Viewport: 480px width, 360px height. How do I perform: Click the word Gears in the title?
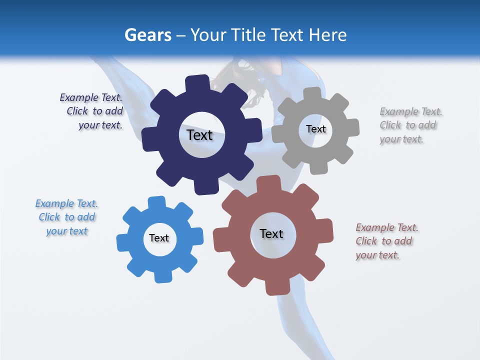click(x=147, y=35)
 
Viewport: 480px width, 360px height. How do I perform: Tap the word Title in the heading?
click(x=248, y=35)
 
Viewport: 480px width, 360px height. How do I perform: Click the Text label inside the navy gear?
click(x=199, y=135)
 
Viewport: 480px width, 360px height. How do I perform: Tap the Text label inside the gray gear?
click(x=315, y=129)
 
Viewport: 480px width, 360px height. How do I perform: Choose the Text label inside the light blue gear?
click(x=159, y=238)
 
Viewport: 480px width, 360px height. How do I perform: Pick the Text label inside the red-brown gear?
click(x=271, y=233)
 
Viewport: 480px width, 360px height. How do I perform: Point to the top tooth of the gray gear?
click(x=313, y=94)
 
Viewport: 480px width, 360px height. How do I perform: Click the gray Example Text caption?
click(x=410, y=125)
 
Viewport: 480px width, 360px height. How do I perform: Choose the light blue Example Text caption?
click(x=67, y=217)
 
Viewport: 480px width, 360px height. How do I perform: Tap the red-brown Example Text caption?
click(x=386, y=241)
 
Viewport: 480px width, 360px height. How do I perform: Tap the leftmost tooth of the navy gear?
click(x=148, y=139)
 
